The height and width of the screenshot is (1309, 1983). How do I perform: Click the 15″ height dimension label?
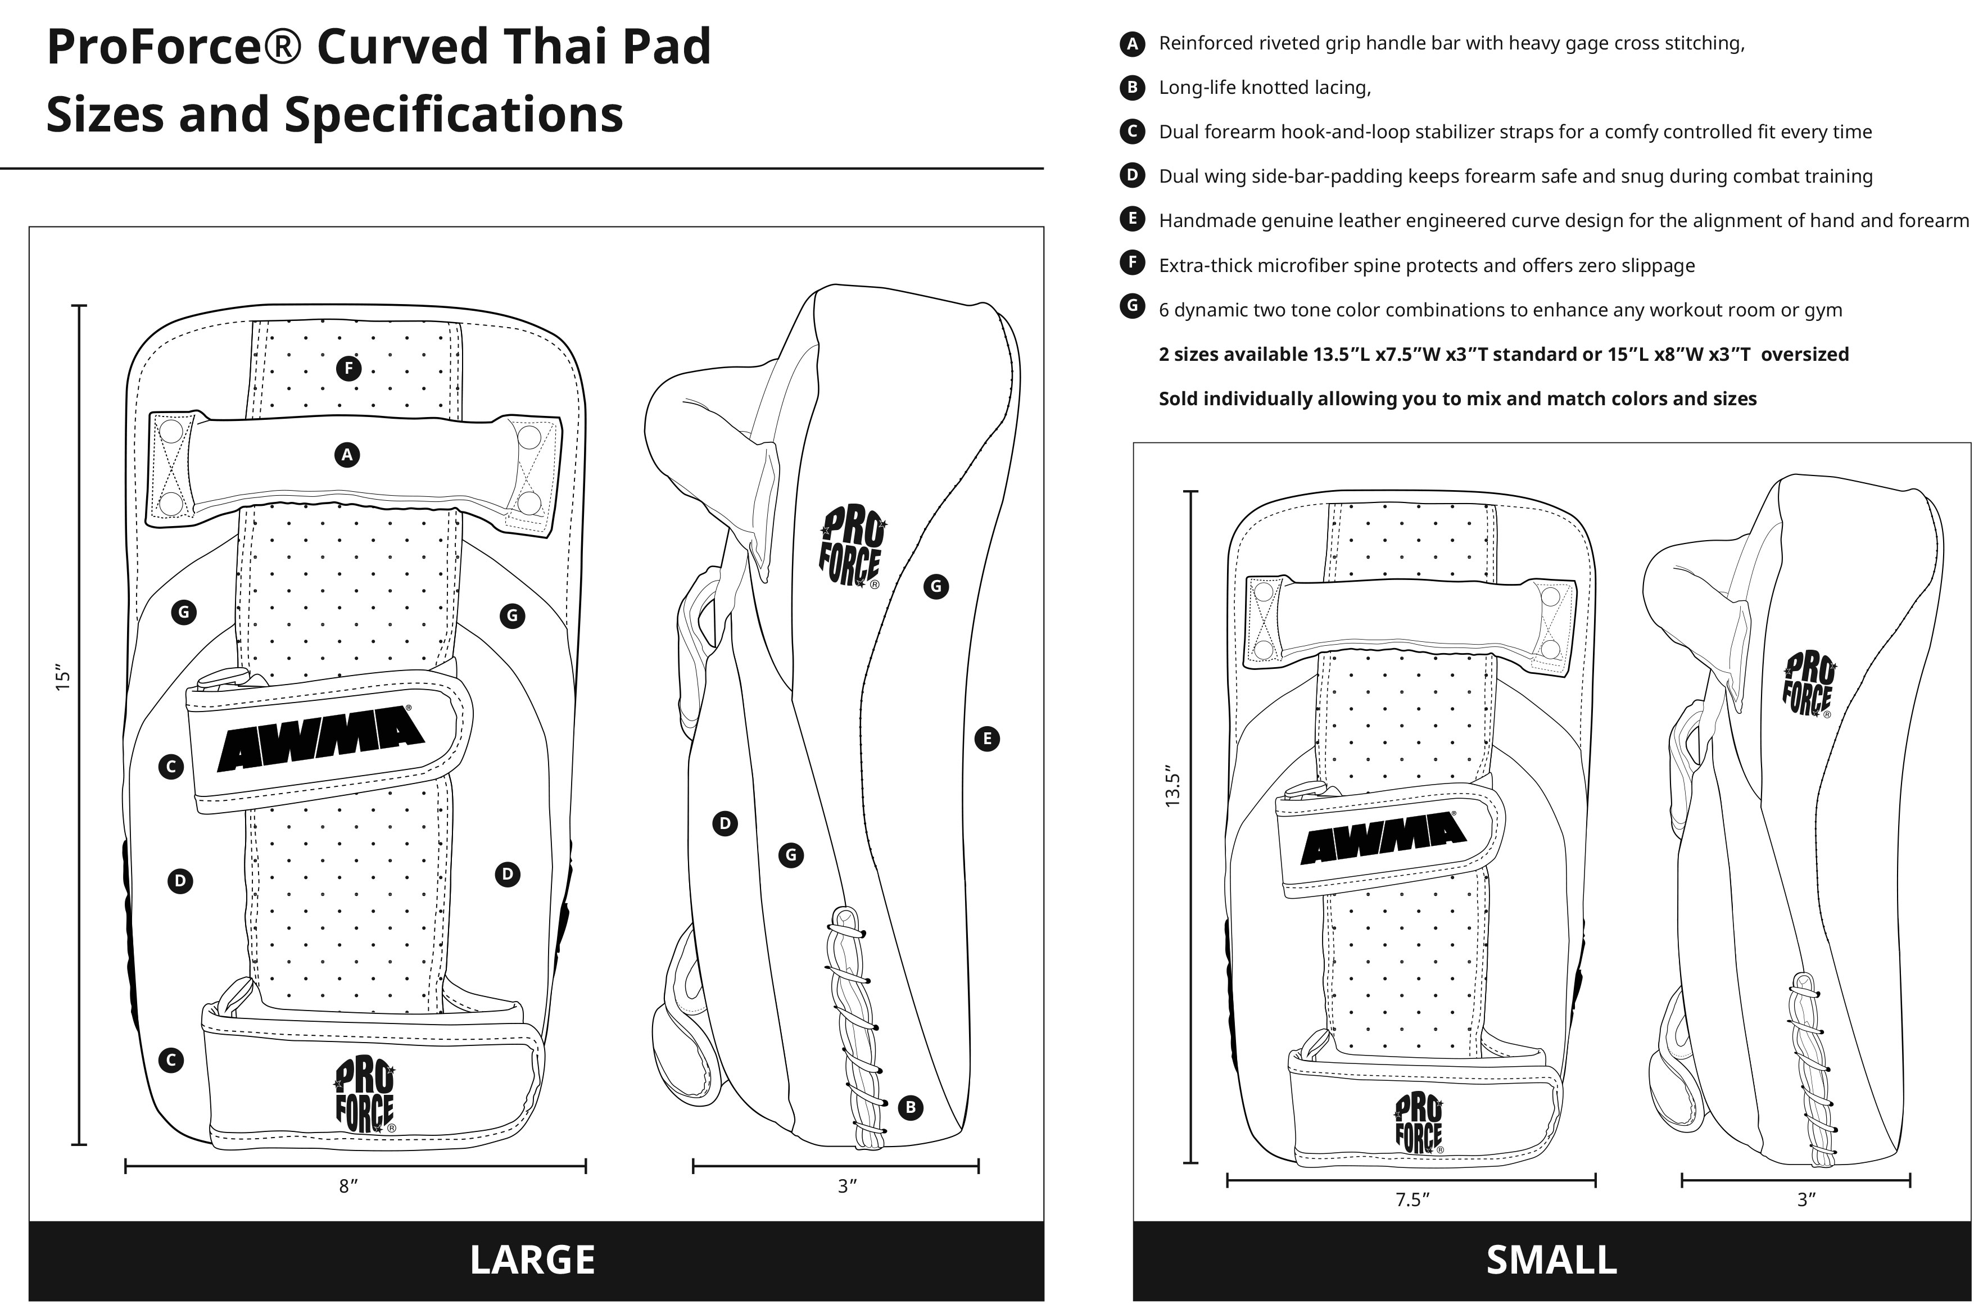tap(62, 677)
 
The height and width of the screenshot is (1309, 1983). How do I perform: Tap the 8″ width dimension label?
tap(348, 1186)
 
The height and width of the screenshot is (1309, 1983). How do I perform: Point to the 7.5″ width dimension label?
tap(1412, 1199)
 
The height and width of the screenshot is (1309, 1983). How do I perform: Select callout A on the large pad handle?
tap(346, 455)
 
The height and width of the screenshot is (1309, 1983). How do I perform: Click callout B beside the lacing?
tap(910, 1108)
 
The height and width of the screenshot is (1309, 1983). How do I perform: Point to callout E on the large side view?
tap(987, 739)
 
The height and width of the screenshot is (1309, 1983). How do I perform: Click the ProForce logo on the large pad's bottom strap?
tap(365, 1096)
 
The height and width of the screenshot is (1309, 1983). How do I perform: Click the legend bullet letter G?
tap(1131, 306)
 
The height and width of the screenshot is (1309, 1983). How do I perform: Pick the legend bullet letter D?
tap(1131, 175)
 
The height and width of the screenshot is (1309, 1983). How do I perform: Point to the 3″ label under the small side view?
tap(1806, 1199)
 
